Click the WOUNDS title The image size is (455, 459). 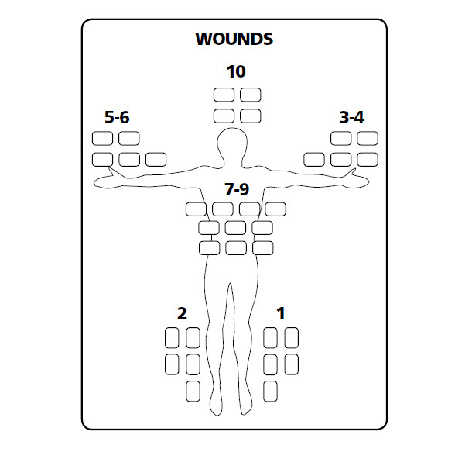pos(234,39)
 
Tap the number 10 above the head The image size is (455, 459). pos(236,71)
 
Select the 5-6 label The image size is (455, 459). pos(117,117)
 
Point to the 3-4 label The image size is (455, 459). pos(351,117)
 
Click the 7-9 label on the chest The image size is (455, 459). pos(237,189)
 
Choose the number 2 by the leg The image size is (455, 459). pos(182,313)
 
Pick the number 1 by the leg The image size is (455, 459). pos(281,313)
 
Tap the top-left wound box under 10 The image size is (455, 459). pos(224,95)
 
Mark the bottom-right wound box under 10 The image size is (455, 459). pos(251,116)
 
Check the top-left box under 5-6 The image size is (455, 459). pos(102,138)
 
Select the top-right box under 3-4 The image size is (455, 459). pos(368,138)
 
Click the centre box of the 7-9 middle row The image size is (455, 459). pos(235,228)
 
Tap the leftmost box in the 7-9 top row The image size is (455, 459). pos(196,209)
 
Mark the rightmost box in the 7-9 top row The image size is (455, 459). pos(275,209)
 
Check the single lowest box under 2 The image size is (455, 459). pos(193,391)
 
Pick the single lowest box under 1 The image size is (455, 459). pos(270,391)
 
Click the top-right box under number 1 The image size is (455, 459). pos(292,338)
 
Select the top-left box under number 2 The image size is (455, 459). pos(172,338)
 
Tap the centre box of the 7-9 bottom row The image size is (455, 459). pos(236,248)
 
